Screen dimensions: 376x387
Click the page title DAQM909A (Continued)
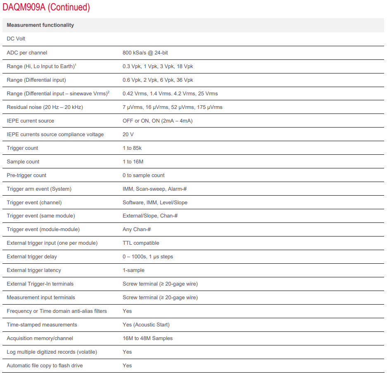click(x=46, y=7)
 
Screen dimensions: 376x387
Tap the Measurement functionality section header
click(x=40, y=25)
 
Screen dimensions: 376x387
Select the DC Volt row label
click(x=17, y=39)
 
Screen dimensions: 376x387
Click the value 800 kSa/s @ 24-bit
click(x=151, y=53)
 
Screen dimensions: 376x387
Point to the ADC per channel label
click(x=27, y=53)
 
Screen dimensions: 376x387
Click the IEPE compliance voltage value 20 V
click(x=128, y=135)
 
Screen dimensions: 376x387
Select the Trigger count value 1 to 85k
click(x=132, y=148)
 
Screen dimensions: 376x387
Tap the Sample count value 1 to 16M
click(x=133, y=162)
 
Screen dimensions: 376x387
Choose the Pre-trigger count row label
click(x=26, y=175)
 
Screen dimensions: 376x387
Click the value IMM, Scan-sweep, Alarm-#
click(x=155, y=189)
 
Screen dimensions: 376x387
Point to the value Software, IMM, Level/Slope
click(x=155, y=203)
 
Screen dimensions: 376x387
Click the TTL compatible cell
click(x=141, y=243)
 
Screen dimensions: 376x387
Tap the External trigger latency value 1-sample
click(x=133, y=270)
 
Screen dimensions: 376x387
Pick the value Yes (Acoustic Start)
click(x=146, y=325)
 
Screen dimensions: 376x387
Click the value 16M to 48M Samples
click(x=147, y=338)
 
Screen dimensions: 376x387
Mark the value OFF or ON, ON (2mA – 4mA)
click(x=157, y=121)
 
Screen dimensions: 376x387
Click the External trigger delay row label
click(x=32, y=257)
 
